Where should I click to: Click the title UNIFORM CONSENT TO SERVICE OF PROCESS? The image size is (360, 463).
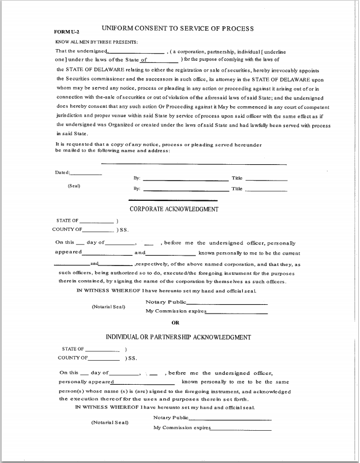(177, 28)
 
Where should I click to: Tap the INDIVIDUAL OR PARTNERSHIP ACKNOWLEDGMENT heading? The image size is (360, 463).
(178, 337)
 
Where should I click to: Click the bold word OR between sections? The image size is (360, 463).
(175, 323)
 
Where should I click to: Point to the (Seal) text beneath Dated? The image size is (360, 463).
(74, 186)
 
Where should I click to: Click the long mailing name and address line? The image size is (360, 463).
(194, 164)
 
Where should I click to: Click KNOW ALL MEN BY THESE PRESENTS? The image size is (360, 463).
(97, 42)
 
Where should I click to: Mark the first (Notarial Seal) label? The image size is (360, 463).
(108, 306)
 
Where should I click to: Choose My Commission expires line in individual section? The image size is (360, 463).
(241, 430)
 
